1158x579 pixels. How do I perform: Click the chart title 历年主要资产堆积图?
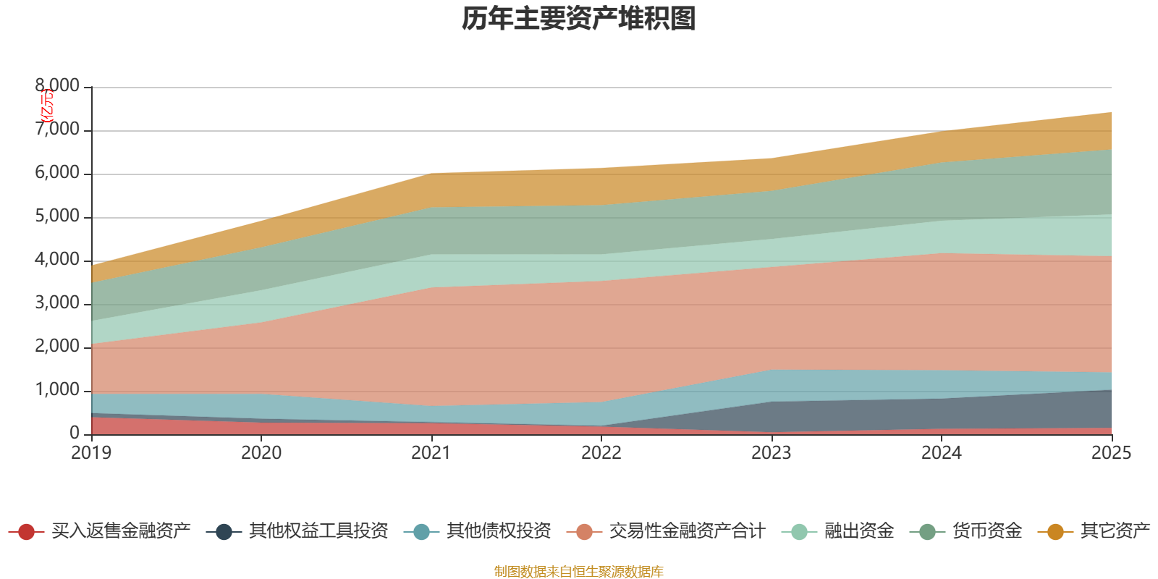pyautogui.click(x=579, y=19)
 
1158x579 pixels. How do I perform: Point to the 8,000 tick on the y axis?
pyautogui.click(x=58, y=86)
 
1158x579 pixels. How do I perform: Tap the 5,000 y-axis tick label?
pyautogui.click(x=58, y=216)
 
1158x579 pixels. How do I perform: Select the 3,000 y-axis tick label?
pyautogui.click(x=58, y=303)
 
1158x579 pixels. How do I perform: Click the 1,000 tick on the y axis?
pyautogui.click(x=58, y=390)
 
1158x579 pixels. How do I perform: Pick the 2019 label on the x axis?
pyautogui.click(x=91, y=453)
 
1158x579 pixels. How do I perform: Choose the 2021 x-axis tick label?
pyautogui.click(x=431, y=453)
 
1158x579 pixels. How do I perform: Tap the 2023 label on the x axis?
pyautogui.click(x=772, y=453)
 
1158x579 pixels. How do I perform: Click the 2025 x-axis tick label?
pyautogui.click(x=1111, y=453)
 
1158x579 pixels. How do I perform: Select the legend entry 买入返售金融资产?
pyautogui.click(x=121, y=531)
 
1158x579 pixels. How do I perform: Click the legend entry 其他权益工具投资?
pyautogui.click(x=318, y=531)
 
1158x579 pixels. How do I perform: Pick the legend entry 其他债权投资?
pyautogui.click(x=499, y=531)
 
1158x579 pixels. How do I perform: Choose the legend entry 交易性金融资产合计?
pyautogui.click(x=686, y=531)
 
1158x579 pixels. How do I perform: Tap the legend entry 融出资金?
pyautogui.click(x=859, y=531)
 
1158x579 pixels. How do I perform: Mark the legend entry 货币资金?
pyautogui.click(x=986, y=531)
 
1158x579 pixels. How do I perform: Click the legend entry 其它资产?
pyautogui.click(x=1115, y=531)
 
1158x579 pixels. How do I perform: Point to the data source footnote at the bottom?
pyautogui.click(x=579, y=572)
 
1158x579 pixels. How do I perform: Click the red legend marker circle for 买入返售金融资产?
pyautogui.click(x=27, y=532)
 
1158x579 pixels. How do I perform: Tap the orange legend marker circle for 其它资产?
pyautogui.click(x=1055, y=532)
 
